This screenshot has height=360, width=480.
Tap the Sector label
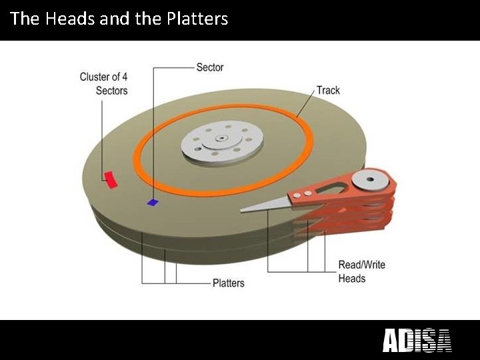(x=209, y=67)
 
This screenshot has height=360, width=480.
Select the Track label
(x=328, y=90)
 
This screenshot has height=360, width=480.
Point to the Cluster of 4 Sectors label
(x=104, y=83)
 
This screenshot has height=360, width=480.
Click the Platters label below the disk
(x=228, y=283)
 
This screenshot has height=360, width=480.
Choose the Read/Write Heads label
(x=361, y=271)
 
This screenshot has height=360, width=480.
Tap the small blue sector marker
(x=153, y=202)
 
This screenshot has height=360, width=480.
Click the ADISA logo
(x=417, y=341)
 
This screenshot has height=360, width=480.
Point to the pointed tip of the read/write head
(x=243, y=211)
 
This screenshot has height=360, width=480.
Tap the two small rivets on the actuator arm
(x=303, y=193)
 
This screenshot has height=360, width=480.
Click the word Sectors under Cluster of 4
(x=111, y=90)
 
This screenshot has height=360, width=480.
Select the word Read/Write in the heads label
(x=361, y=265)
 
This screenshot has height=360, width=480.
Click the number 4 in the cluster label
(x=124, y=77)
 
